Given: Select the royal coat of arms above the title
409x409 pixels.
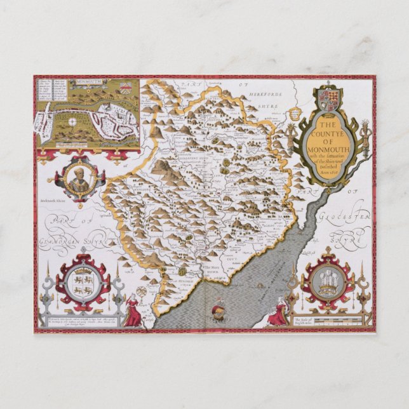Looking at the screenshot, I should (x=330, y=99).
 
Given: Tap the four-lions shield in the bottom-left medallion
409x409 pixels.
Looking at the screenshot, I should (x=83, y=283).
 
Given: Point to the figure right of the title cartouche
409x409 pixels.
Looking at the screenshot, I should (x=366, y=137).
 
